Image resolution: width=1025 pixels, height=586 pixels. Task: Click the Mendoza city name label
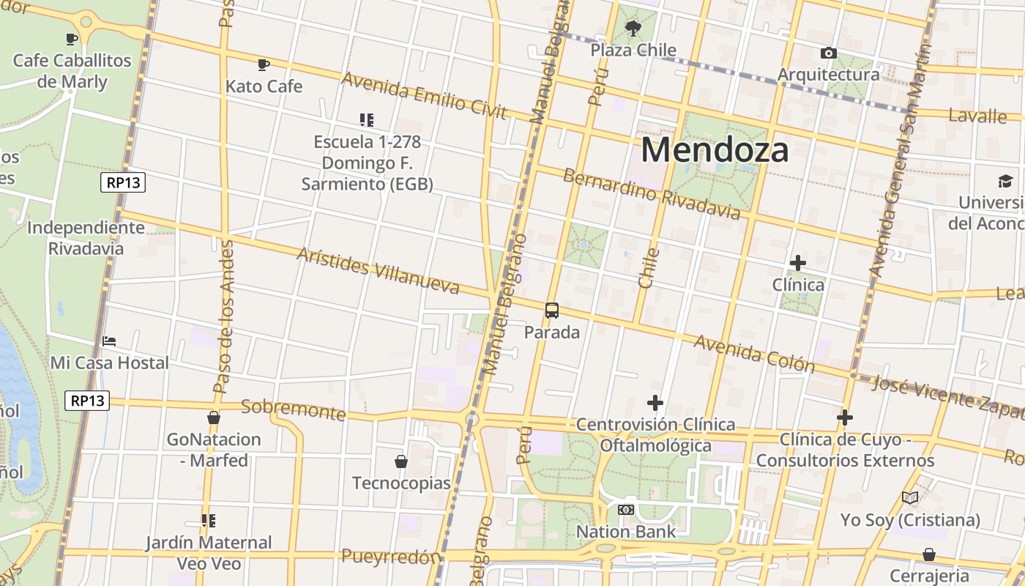coord(715,150)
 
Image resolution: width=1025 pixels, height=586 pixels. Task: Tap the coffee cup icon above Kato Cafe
coord(264,64)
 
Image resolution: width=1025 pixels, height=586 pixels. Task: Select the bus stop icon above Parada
coord(552,311)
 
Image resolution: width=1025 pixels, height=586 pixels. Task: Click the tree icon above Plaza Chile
coord(633,29)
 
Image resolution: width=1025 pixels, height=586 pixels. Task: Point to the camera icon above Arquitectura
coord(828,53)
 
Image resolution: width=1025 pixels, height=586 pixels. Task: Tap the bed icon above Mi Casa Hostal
coord(109,341)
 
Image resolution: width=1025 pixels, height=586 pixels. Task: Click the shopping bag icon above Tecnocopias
coord(400,461)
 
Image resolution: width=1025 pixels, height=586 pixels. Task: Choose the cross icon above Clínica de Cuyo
coord(845,418)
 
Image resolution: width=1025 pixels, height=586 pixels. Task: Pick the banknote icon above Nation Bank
coord(625,510)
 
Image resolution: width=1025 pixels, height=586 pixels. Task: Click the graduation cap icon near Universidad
coord(1004,181)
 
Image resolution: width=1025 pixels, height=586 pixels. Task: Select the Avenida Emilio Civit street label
coord(424,95)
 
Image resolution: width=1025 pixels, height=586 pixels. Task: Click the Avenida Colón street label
coord(753,353)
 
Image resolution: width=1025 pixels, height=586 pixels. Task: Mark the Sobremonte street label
coord(293,409)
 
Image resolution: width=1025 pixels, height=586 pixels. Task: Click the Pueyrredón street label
coord(392,557)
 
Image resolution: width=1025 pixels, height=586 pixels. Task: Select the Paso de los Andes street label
coord(224,315)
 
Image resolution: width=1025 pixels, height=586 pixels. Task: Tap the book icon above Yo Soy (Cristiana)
coord(910,498)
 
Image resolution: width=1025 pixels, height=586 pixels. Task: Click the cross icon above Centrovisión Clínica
coord(655,403)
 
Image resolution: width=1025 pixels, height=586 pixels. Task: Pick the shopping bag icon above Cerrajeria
coord(928,555)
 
